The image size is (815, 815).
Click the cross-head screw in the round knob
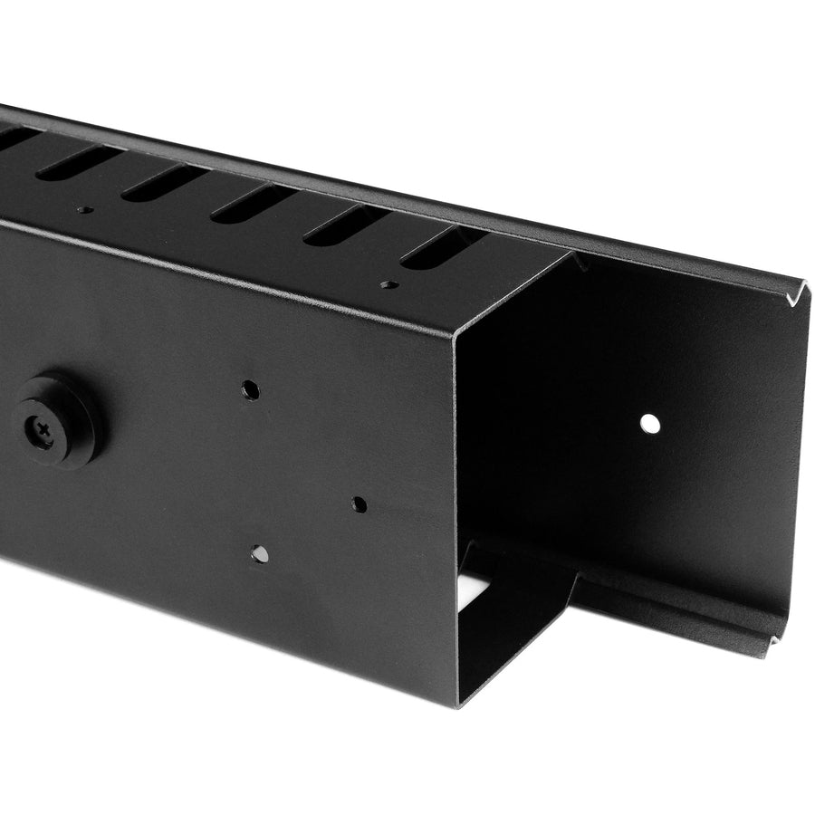(44, 424)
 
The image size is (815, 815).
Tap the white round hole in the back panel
(649, 422)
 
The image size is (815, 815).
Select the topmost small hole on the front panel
(250, 390)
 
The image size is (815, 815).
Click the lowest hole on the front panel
(260, 553)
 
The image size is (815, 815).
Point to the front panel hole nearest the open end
(360, 504)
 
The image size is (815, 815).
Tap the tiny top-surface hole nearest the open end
(389, 284)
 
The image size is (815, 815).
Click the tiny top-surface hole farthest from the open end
(84, 210)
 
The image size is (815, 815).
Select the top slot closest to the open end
(441, 247)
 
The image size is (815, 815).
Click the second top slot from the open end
(346, 225)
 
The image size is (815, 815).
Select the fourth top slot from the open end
(164, 182)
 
